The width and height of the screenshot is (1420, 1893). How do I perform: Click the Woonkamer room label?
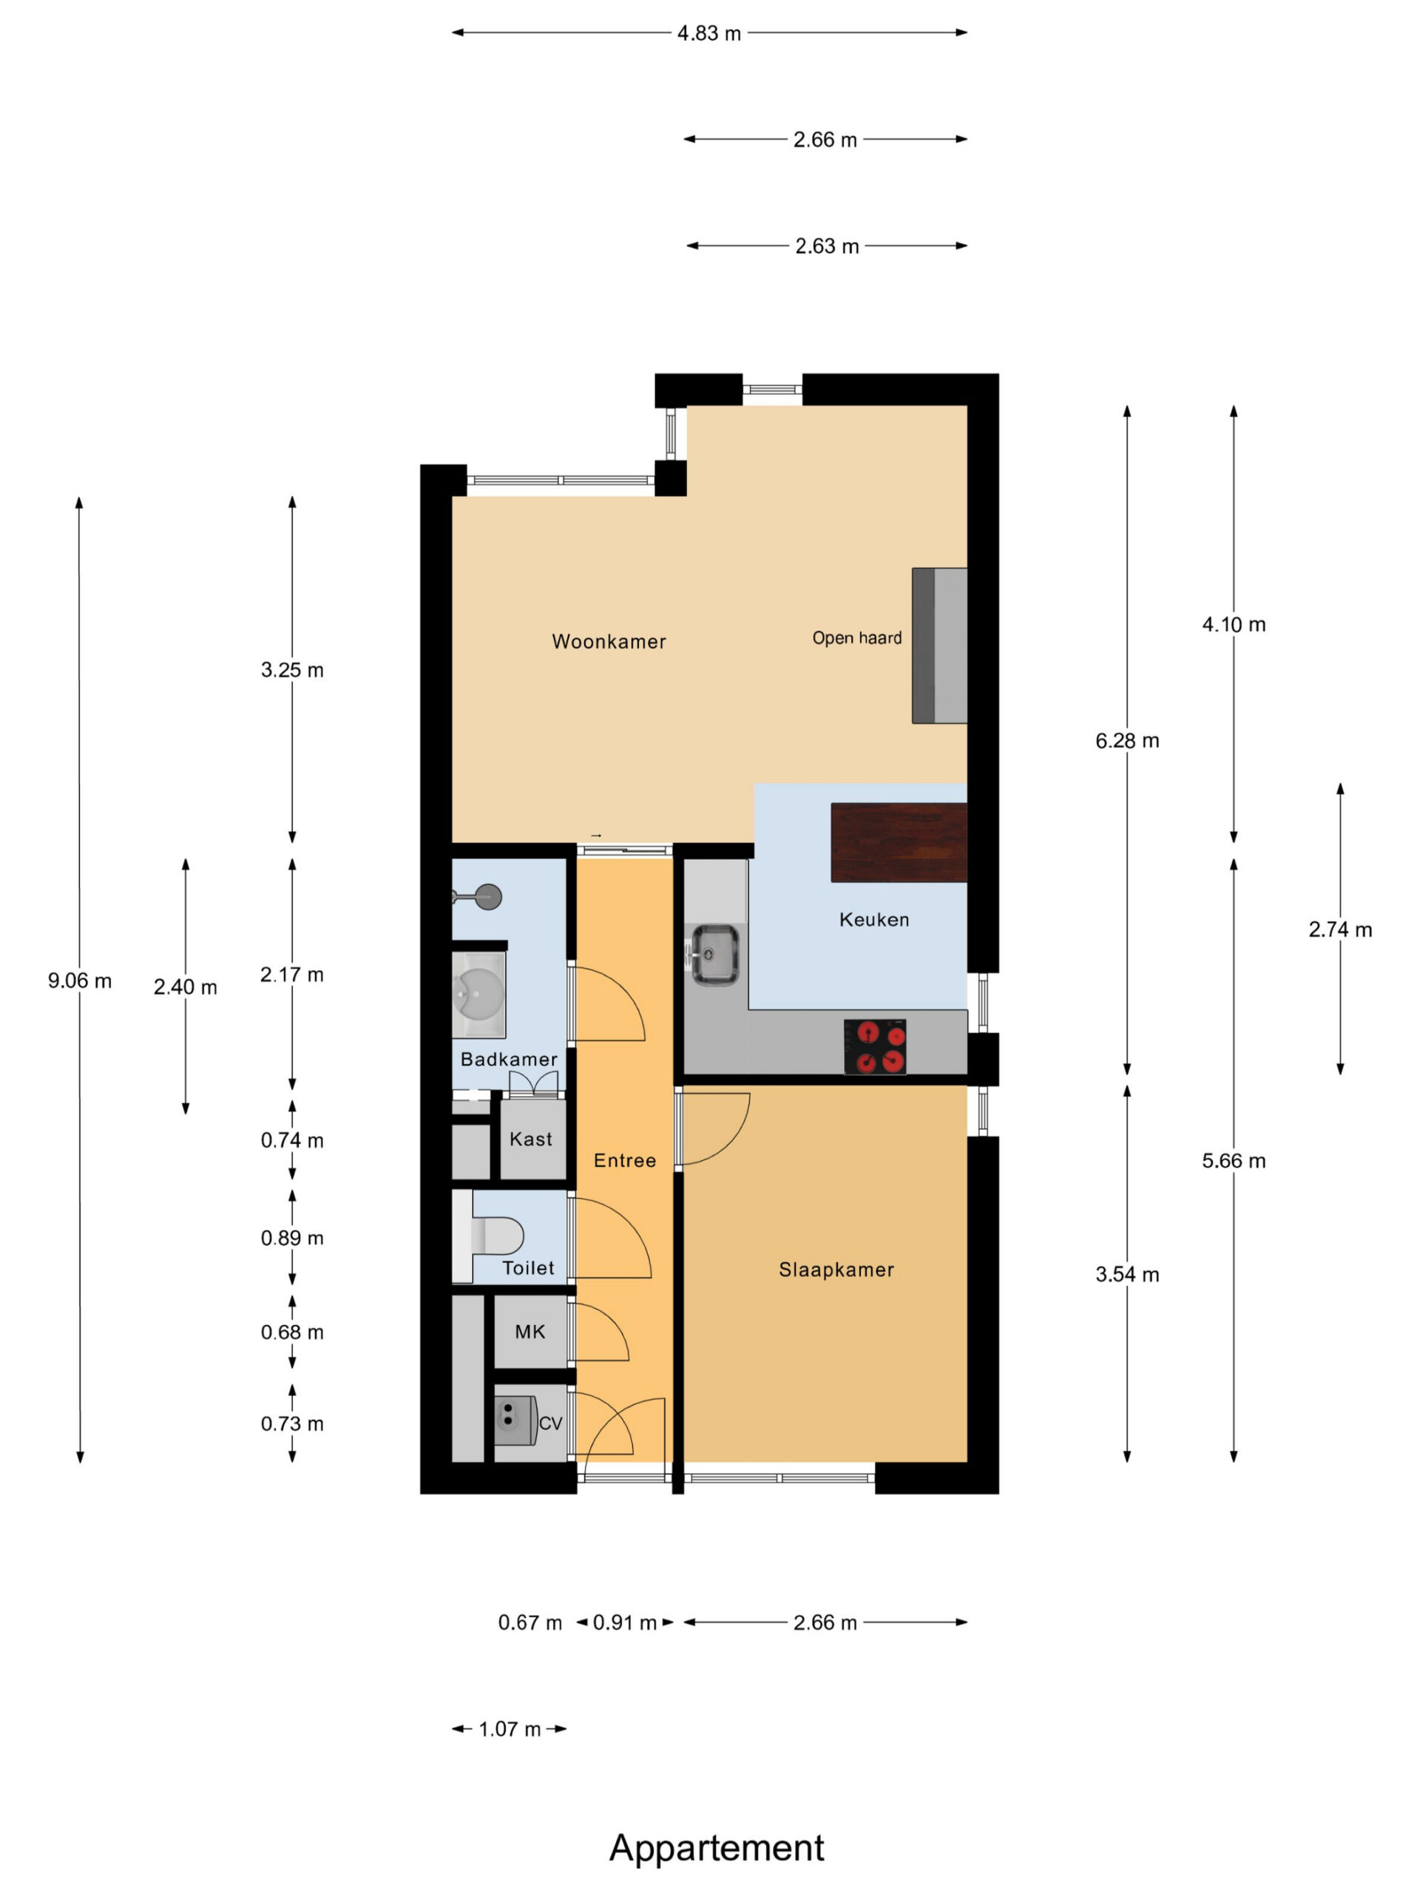(x=609, y=641)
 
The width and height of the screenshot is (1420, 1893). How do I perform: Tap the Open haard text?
(x=856, y=637)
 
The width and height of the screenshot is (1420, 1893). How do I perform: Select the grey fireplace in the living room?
(x=939, y=646)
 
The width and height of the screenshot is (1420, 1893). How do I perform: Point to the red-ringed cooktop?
(x=875, y=1046)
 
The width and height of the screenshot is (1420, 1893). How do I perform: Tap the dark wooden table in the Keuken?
(x=899, y=842)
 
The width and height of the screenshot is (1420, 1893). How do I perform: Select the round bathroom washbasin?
(x=479, y=992)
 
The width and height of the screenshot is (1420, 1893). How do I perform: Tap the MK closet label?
(x=530, y=1332)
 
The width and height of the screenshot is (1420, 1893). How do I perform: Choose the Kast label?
(x=531, y=1139)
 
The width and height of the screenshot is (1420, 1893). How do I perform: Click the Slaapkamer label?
(x=836, y=1270)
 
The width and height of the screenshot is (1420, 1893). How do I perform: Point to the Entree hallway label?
(x=625, y=1160)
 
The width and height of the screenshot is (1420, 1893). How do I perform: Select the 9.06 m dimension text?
(x=80, y=981)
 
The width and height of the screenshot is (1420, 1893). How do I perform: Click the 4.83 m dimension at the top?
(x=709, y=33)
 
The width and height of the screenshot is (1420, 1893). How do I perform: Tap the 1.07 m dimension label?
(x=510, y=1730)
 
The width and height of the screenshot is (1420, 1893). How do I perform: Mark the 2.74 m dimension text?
(x=1339, y=929)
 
